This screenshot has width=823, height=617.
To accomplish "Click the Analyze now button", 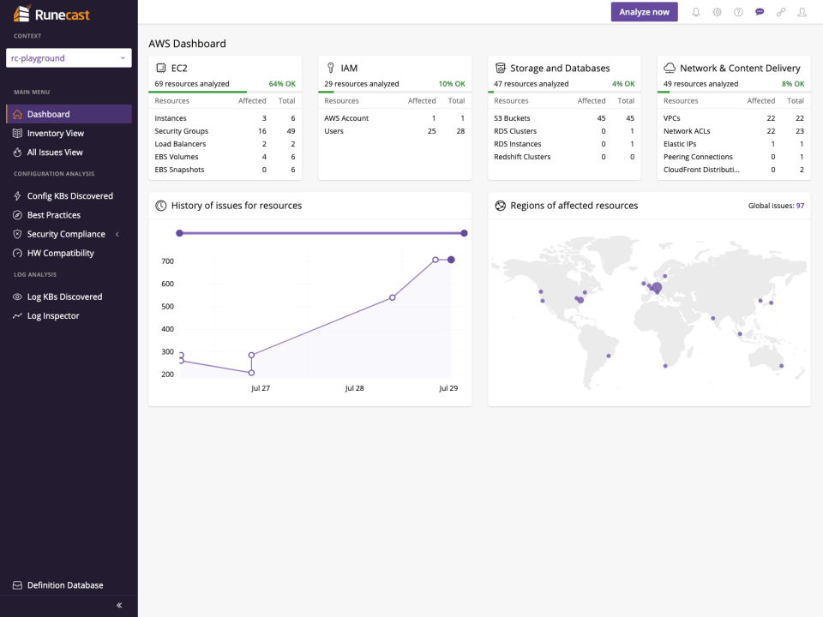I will pos(644,12).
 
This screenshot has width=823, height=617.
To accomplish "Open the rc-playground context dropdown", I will pos(69,58).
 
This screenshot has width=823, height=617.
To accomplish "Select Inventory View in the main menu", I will pos(55,133).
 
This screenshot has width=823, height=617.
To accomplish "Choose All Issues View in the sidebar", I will pos(55,152).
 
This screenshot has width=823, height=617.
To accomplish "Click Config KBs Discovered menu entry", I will pos(69,196).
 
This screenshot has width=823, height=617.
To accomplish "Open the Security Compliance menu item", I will pos(66,234).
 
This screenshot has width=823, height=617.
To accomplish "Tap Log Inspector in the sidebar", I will pos(53,316).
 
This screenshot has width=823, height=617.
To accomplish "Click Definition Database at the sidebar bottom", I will pos(64,585).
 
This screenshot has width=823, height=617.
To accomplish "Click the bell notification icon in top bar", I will pos(696,12).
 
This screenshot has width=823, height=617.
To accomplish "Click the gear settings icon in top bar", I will pos(718,12).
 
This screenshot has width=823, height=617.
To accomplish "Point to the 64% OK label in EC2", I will pos(282,84).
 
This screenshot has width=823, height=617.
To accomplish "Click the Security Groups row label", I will pos(181,131).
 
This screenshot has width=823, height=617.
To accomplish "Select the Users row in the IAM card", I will pos(333,131).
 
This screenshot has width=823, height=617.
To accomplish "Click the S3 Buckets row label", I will pos(512,118).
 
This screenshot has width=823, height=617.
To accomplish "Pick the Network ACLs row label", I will pos(687,131).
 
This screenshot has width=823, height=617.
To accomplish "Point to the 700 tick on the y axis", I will pos(167,261).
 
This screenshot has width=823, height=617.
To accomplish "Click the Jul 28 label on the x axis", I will pos(354,388).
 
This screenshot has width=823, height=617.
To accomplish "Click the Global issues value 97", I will pos(800,206).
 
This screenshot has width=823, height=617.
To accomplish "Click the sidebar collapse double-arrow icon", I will pos(119,605).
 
